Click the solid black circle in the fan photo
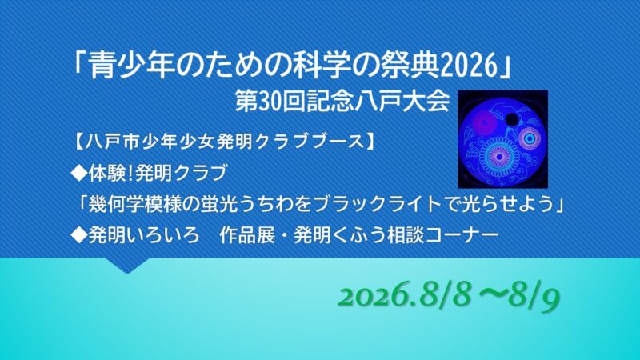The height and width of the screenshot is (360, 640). tap(511, 119)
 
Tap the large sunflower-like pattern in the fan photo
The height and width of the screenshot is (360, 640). tap(498, 155)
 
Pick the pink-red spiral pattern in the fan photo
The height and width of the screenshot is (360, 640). tap(484, 122)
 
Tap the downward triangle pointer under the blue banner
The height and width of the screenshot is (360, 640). tap(127, 266)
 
